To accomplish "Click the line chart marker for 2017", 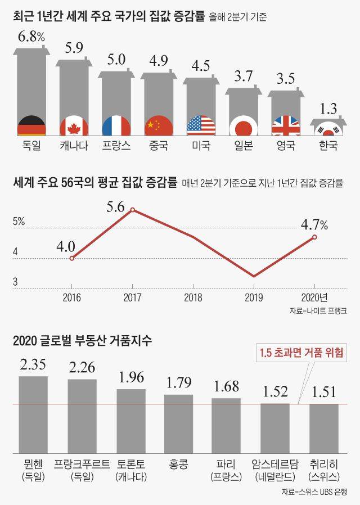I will coord(132,210).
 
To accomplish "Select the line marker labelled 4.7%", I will coord(314,237).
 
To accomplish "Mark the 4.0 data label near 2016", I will coord(66,245).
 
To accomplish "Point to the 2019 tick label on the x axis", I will coord(254,297).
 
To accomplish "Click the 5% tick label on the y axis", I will coord(19,222).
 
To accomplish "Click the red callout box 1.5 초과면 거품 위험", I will coord(301,353).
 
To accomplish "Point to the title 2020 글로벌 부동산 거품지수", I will coord(86,340).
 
